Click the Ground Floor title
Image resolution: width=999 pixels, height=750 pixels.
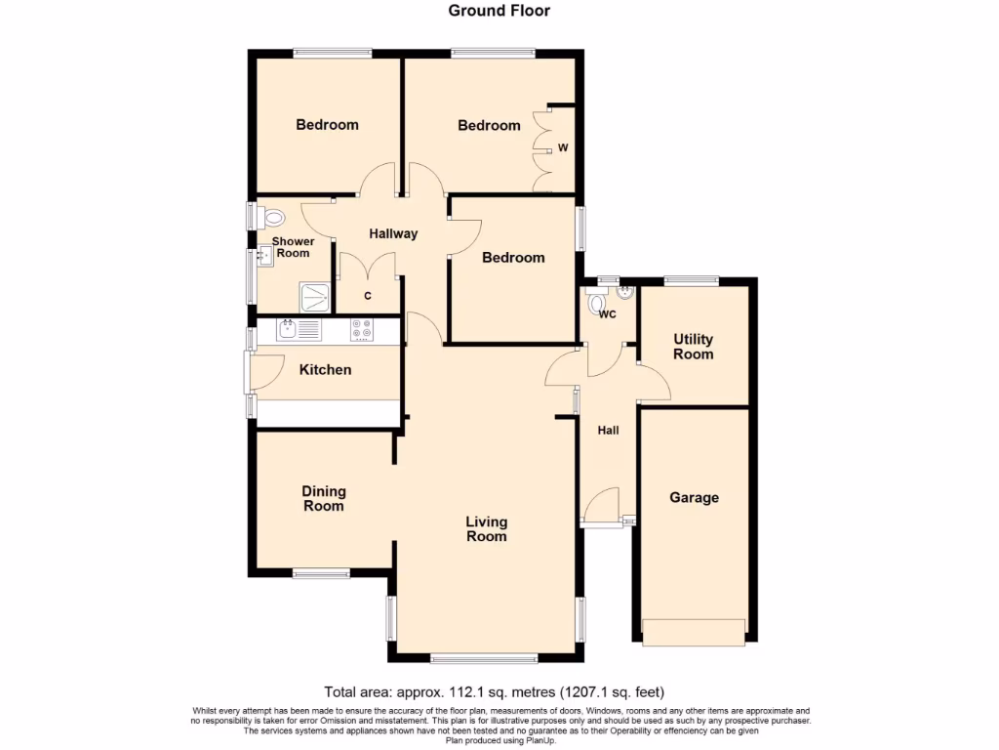pyautogui.click(x=499, y=11)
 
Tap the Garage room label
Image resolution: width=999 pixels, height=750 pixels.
pyautogui.click(x=694, y=497)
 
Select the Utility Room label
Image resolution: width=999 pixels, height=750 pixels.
pyautogui.click(x=693, y=347)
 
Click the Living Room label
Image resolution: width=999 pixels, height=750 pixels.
pyautogui.click(x=486, y=529)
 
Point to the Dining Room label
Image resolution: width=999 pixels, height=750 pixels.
pyautogui.click(x=324, y=499)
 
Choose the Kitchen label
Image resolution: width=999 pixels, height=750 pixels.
pyautogui.click(x=325, y=369)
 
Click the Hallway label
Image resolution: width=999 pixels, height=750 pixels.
pyautogui.click(x=393, y=233)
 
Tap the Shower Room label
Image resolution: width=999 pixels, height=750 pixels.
pyautogui.click(x=293, y=247)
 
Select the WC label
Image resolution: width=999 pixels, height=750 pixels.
pyautogui.click(x=607, y=314)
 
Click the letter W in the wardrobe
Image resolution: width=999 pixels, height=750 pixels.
pyautogui.click(x=563, y=148)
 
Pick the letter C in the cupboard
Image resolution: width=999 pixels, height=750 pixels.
pyautogui.click(x=367, y=296)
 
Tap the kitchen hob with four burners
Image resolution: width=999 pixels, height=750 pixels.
pyautogui.click(x=362, y=330)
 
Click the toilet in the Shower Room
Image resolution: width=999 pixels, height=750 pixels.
pyautogui.click(x=270, y=218)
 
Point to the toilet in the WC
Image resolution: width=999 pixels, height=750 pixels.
pyautogui.click(x=597, y=303)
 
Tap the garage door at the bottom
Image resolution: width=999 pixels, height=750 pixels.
pyautogui.click(x=693, y=633)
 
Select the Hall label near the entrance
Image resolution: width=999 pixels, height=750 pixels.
pyautogui.click(x=609, y=430)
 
